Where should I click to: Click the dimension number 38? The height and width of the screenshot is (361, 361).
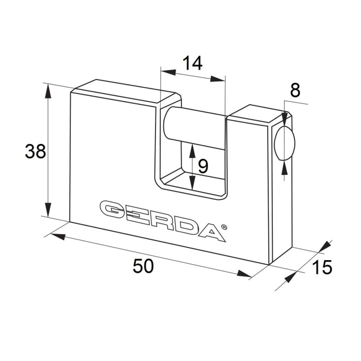click(35, 151)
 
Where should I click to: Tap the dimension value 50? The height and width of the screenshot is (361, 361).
click(143, 266)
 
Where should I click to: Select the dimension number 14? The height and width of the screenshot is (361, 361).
click(193, 63)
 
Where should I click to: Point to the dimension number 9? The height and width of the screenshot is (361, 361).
click(203, 166)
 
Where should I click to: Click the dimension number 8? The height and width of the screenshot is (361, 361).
click(295, 90)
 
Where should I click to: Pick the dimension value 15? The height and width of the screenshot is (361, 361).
click(322, 267)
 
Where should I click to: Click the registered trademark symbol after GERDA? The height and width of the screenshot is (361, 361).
click(224, 227)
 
